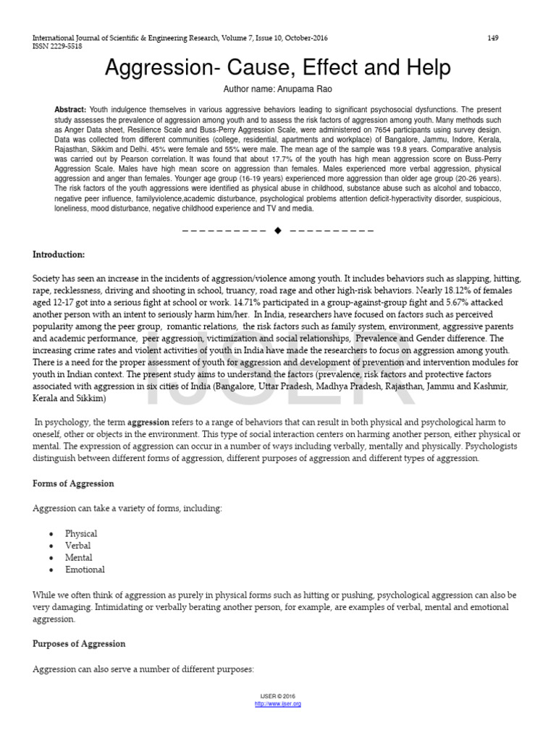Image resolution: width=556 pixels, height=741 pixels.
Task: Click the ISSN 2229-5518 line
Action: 57,46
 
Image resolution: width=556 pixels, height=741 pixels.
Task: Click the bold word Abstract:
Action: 70,109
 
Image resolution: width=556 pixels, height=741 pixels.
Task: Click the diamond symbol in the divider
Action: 277,230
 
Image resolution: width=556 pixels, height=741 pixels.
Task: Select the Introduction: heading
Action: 59,255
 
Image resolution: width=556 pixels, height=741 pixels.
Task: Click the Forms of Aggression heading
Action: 73,483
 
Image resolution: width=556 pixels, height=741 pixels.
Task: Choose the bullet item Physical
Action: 81,533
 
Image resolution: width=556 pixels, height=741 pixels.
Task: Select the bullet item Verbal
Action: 78,546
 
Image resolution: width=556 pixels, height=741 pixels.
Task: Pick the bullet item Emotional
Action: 85,569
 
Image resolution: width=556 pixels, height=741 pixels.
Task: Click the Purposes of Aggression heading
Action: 79,644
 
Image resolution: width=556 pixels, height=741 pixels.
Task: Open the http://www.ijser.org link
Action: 278,704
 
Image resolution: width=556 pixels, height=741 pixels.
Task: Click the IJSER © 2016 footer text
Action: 278,696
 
